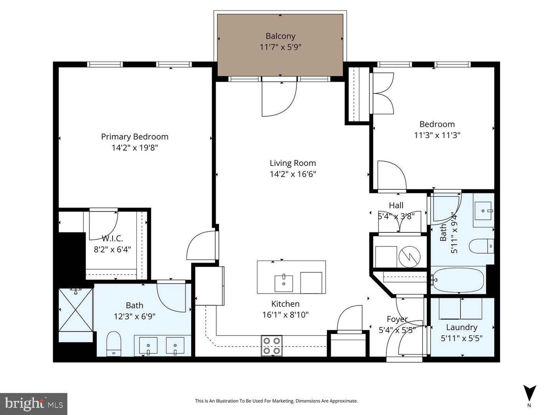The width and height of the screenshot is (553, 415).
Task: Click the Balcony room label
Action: click(x=280, y=36)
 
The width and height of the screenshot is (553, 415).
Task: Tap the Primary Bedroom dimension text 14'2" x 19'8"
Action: click(x=135, y=148)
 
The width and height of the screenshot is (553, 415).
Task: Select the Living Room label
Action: click(x=293, y=163)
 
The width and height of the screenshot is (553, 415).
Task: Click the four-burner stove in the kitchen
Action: click(x=272, y=346)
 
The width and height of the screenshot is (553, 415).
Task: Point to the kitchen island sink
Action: click(x=284, y=283)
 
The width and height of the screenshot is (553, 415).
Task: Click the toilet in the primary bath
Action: click(x=114, y=344)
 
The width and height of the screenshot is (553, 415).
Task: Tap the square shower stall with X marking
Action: click(x=76, y=310)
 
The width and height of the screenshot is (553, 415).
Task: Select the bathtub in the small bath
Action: click(x=458, y=280)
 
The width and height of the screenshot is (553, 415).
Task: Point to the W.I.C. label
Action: click(x=113, y=238)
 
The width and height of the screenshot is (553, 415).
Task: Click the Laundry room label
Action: click(x=462, y=327)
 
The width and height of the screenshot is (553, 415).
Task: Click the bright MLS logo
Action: click(x=34, y=404)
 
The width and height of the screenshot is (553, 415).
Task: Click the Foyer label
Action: click(x=397, y=319)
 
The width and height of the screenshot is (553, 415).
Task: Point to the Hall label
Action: click(x=396, y=205)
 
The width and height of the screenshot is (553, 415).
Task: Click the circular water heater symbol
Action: click(x=409, y=256)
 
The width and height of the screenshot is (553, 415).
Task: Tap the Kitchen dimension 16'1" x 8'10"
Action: click(x=285, y=315)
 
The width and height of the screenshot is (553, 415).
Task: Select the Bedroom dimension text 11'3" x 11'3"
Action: click(x=437, y=135)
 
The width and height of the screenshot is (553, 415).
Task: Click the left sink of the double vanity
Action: click(x=148, y=345)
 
